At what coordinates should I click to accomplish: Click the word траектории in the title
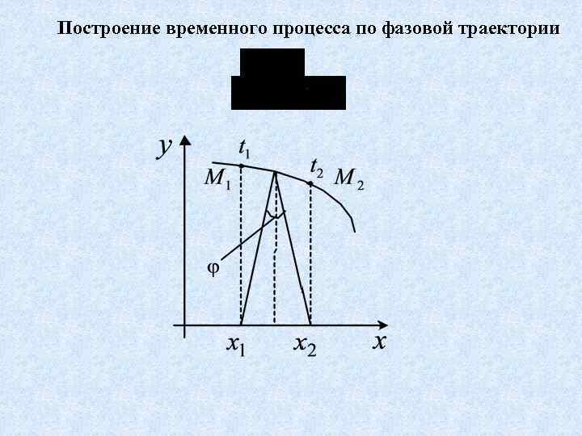click(x=508, y=31)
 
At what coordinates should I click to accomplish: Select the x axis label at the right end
click(x=379, y=342)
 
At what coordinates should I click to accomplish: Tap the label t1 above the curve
click(x=243, y=149)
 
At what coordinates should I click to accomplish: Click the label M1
click(x=217, y=178)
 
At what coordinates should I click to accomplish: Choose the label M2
click(x=348, y=178)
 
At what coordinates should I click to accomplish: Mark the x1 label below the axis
click(x=235, y=346)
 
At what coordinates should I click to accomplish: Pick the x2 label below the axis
click(x=305, y=346)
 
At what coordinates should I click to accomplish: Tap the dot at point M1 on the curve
click(x=242, y=166)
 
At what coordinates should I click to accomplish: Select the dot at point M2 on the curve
click(x=310, y=184)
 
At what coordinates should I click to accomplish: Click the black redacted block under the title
click(x=288, y=80)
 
